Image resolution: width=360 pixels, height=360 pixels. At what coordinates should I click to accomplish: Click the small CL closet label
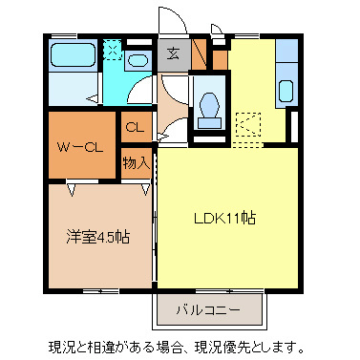pos(135,126)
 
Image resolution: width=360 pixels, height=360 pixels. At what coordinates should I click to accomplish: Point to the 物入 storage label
pos(136,162)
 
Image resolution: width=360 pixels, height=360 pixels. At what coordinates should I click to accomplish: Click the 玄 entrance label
pos(174,53)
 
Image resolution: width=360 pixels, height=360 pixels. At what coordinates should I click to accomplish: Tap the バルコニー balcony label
pos(207,309)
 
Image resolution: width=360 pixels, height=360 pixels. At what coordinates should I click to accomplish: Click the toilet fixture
pos(209,107)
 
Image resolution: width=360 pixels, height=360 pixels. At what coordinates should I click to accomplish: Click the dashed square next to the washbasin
pos(113,50)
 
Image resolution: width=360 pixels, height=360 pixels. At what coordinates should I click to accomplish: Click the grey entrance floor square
pos(174,54)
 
